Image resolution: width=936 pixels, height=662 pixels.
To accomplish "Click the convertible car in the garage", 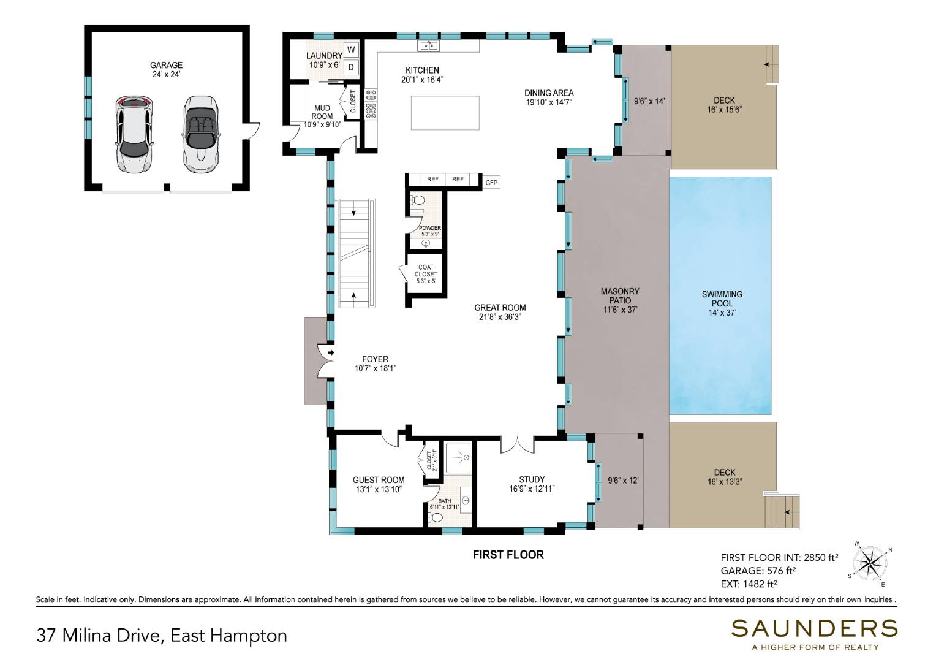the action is [201, 135].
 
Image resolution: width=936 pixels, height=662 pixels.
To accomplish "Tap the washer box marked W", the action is [351, 50].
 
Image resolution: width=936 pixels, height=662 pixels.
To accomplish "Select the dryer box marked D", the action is [351, 67].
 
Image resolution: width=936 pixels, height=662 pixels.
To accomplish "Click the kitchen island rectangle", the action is [445, 113].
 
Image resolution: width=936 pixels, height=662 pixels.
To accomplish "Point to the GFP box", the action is [491, 182].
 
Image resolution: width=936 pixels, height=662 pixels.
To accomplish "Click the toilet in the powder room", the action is [417, 200].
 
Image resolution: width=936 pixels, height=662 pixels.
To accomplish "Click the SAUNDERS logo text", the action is [814, 628].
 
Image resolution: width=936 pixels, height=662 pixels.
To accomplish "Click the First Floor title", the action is [508, 555].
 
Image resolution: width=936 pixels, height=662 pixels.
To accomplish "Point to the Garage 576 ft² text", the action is [758, 571].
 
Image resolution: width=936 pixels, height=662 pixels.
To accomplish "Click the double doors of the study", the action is [517, 445].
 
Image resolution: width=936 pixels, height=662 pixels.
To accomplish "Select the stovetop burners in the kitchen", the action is [371, 104].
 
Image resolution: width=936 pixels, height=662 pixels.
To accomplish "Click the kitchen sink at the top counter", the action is [428, 45].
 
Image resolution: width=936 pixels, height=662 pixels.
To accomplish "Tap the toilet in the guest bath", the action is [435, 518].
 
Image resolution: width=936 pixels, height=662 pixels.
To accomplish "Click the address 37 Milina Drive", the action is [98, 636].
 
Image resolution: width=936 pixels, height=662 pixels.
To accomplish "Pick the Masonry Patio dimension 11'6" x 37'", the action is [620, 310].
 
